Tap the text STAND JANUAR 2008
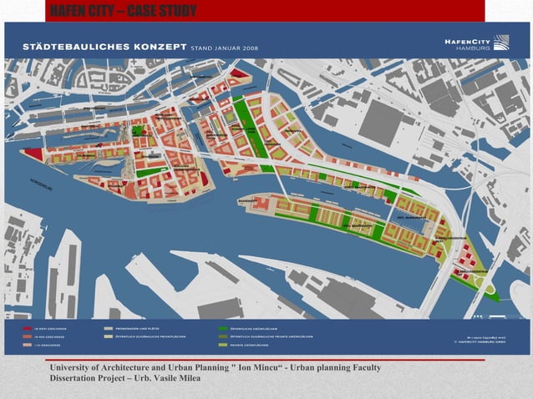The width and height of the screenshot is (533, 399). pos(225,48)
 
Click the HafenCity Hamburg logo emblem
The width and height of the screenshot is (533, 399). pos(500,42)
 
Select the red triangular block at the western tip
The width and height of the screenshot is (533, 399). pos(34,154)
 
